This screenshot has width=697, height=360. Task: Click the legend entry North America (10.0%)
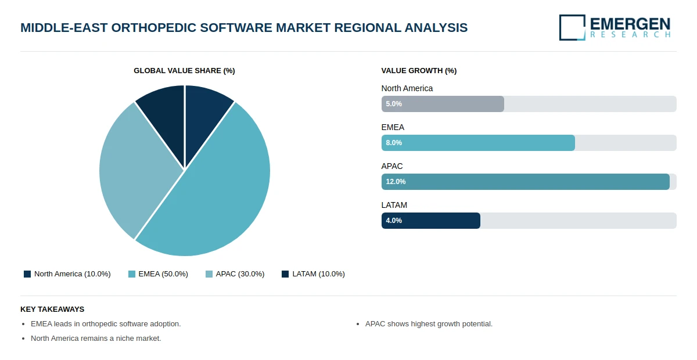point(67,274)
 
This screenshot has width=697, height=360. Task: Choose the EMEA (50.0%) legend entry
point(158,274)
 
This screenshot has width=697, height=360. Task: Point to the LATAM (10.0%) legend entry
point(313,274)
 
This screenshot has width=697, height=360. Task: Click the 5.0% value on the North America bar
point(394,104)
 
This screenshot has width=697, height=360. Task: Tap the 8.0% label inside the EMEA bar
point(394,143)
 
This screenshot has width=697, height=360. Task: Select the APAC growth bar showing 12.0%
point(525,182)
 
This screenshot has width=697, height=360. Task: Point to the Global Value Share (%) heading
point(184,71)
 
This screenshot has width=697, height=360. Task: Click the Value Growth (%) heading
point(419,71)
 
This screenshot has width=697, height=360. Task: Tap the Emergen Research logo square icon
point(572,27)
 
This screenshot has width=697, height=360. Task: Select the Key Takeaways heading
point(52,309)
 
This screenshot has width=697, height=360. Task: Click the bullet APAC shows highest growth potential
point(429,324)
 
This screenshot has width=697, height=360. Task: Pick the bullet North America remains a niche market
point(96,339)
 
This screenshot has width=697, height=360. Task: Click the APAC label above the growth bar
point(392,166)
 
